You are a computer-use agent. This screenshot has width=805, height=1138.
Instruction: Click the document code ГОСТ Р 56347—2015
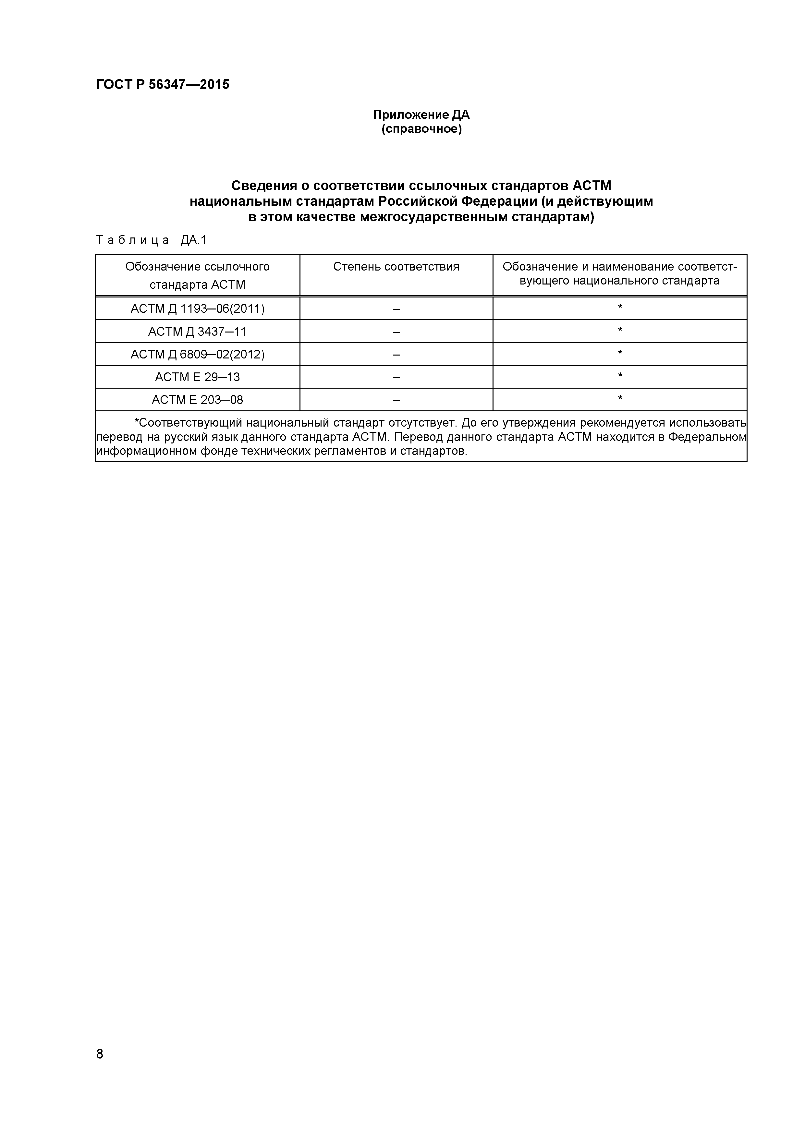coord(163,85)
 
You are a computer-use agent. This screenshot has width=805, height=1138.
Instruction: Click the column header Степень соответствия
coord(396,267)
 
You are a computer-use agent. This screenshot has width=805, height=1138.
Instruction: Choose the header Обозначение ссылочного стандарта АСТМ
coord(197,275)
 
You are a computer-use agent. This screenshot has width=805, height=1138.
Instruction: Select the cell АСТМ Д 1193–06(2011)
coord(197,309)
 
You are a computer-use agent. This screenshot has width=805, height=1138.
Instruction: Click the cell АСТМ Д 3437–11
coord(197,332)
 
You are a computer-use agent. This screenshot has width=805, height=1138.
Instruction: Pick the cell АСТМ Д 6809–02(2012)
coord(197,354)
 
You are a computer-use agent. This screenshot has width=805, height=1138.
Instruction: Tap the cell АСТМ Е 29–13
coord(197,377)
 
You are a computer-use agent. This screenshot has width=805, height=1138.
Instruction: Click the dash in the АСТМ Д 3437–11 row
coord(396,332)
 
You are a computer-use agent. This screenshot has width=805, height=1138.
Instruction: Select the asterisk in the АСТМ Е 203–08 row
coord(620,398)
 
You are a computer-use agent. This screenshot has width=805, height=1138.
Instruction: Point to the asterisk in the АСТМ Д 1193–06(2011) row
coord(620,307)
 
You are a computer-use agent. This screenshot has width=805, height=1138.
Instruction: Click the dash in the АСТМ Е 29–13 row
coord(396,377)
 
